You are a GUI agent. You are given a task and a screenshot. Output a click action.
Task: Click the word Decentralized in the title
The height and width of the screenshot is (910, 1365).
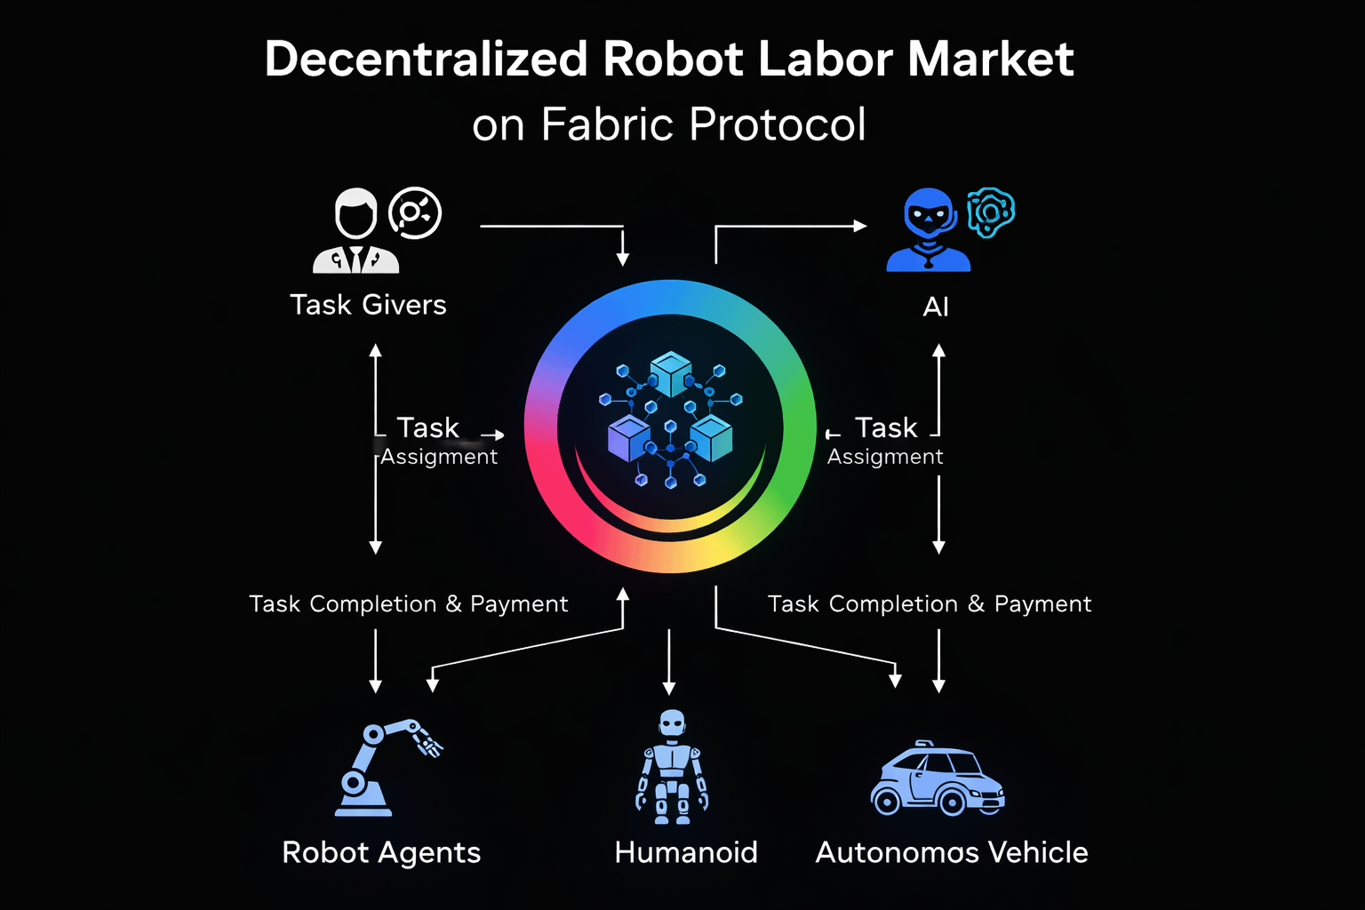[x=427, y=60]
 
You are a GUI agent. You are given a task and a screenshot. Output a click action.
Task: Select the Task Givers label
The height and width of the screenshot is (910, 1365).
[x=368, y=305]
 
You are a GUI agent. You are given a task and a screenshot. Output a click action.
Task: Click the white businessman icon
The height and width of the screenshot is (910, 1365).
[x=355, y=231]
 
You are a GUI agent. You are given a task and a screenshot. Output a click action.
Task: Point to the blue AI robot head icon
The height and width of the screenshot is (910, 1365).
[x=929, y=213]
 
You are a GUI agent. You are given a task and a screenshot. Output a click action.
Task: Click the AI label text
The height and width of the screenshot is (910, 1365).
[x=936, y=307]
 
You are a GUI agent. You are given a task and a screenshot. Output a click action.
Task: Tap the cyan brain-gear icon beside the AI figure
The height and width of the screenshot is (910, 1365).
[x=990, y=212]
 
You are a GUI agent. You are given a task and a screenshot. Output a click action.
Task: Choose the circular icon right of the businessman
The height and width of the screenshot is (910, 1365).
[x=415, y=213]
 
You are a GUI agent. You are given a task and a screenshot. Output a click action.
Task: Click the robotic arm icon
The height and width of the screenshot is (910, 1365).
[x=382, y=766]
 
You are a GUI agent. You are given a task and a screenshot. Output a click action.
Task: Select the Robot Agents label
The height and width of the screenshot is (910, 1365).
[x=381, y=852]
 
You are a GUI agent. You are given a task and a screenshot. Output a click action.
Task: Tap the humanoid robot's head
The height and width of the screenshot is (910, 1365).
[x=673, y=723]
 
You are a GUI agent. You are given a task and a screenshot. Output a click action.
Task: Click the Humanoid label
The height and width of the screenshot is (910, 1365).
[x=686, y=852]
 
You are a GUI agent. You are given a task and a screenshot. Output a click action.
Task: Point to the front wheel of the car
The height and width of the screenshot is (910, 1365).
[x=952, y=802]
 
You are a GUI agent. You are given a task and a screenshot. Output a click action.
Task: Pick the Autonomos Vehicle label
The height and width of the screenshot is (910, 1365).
[x=952, y=852]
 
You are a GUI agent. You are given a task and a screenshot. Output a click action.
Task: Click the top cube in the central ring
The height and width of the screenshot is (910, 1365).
[x=671, y=373]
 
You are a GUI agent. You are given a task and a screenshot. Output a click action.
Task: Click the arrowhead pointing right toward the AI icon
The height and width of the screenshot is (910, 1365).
[x=859, y=226]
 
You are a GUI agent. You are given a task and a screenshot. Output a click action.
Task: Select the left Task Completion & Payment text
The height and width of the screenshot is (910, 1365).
[x=408, y=604]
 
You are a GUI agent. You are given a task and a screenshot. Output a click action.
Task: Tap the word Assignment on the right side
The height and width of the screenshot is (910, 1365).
[x=885, y=457]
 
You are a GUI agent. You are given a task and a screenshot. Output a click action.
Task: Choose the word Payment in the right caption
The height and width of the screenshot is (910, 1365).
[x=1042, y=604]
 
